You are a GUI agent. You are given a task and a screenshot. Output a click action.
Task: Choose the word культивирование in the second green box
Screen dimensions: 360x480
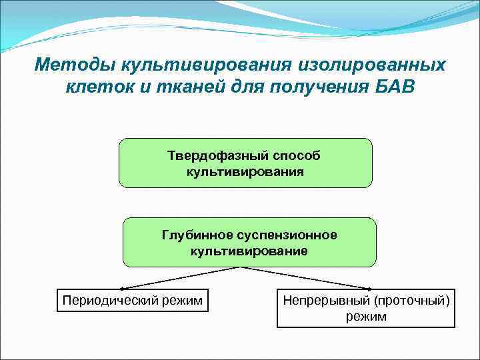249,251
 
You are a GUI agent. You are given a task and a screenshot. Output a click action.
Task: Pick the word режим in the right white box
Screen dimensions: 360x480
366,317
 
